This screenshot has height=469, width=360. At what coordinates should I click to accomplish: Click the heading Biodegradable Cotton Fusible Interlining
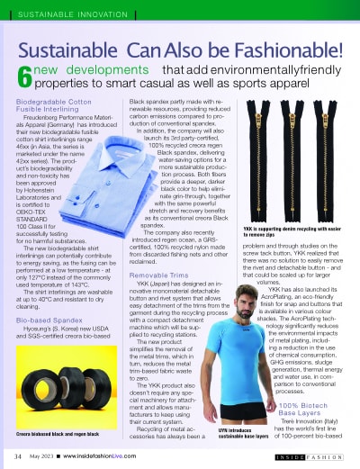tap(56, 107)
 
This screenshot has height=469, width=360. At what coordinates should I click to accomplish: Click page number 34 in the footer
tap(18, 456)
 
